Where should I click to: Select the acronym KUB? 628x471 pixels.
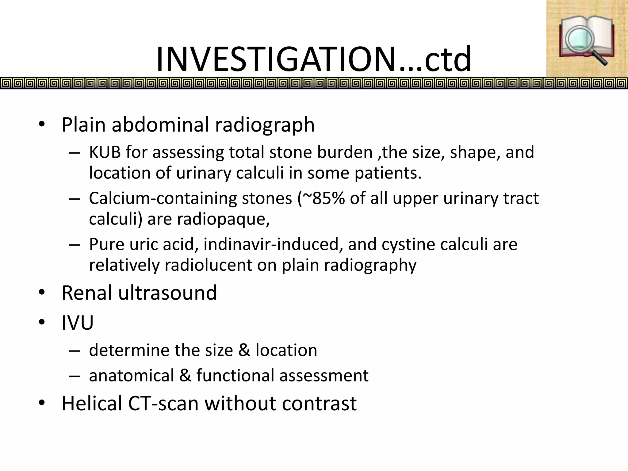tap(105, 152)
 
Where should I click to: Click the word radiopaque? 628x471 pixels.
tap(223, 219)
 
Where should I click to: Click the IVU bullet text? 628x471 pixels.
tap(78, 323)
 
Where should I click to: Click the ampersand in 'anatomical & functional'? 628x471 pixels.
tap(185, 376)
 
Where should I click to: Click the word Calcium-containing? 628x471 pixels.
tap(163, 198)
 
